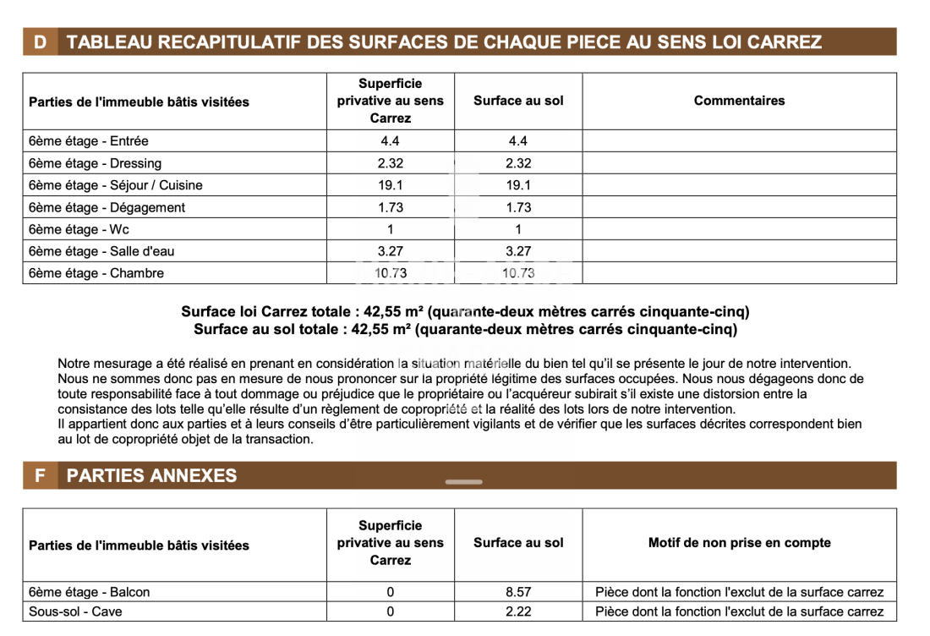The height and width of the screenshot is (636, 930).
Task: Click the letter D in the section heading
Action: click(x=41, y=42)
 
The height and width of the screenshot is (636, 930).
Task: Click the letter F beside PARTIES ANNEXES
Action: click(x=40, y=475)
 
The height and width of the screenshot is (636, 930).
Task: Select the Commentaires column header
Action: click(x=739, y=101)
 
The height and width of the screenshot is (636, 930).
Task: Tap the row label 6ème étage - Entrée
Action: click(x=89, y=141)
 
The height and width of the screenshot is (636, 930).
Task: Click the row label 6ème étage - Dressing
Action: click(x=95, y=163)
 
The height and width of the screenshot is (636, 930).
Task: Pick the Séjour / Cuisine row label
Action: click(x=116, y=185)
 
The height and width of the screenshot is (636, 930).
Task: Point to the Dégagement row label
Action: click(x=107, y=207)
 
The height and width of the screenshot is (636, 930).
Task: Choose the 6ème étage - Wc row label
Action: click(x=79, y=229)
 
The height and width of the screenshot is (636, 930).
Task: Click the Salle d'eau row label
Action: click(x=101, y=251)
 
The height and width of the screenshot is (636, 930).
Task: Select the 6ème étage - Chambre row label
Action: click(x=96, y=273)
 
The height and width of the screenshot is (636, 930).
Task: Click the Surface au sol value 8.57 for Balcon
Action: click(x=518, y=592)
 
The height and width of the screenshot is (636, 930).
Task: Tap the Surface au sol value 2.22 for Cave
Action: click(x=518, y=611)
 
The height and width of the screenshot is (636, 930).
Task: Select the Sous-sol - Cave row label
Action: click(x=75, y=611)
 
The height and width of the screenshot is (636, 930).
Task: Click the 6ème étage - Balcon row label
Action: click(x=89, y=592)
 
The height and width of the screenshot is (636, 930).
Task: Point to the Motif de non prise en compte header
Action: click(x=739, y=543)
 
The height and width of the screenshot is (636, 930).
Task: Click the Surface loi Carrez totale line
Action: click(x=465, y=312)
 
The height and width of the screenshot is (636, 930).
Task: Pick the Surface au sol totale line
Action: click(x=465, y=330)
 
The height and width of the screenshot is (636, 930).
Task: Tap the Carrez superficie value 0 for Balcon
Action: click(x=390, y=592)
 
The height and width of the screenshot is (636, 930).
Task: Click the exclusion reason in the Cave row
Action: click(x=739, y=611)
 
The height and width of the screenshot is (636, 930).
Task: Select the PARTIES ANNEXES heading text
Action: click(x=152, y=475)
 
